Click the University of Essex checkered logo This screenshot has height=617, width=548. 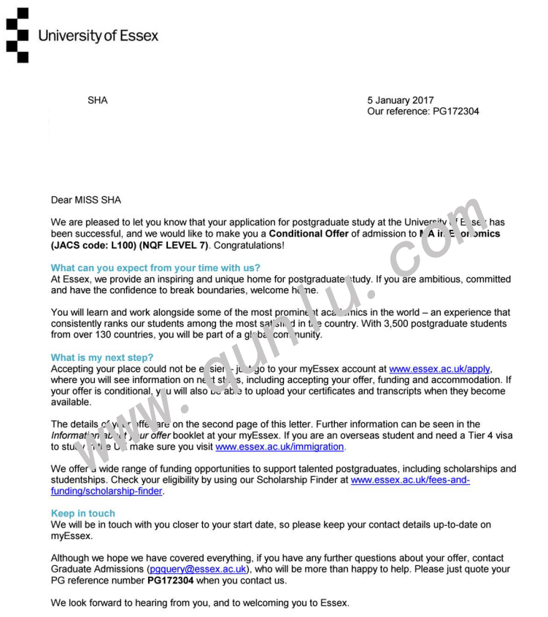(x=18, y=35)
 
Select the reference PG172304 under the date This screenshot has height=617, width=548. (x=455, y=112)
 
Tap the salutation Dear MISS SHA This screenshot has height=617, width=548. (x=86, y=200)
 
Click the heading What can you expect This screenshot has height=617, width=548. (x=155, y=268)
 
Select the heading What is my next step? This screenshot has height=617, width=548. (x=102, y=357)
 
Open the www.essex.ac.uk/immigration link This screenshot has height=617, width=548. (x=279, y=446)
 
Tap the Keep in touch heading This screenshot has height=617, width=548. (x=83, y=513)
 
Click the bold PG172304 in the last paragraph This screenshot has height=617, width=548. (x=170, y=581)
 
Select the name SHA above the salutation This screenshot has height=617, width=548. (x=97, y=101)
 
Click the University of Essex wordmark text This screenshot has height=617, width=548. (x=98, y=36)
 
